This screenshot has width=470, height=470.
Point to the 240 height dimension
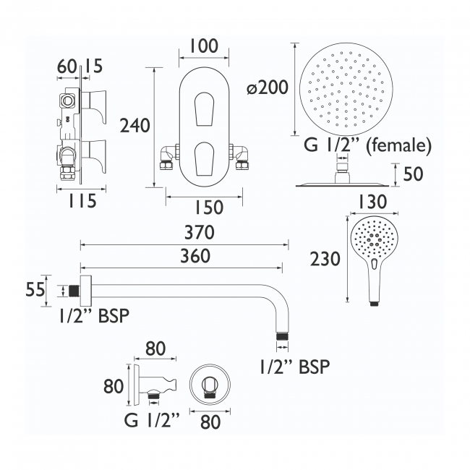point(135,126)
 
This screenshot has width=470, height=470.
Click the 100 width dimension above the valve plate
point(203,47)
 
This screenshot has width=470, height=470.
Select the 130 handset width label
point(372,202)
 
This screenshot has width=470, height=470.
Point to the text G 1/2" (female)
point(367,146)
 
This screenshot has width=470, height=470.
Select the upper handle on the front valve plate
point(203,107)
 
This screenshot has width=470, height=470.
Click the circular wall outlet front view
point(210,384)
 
